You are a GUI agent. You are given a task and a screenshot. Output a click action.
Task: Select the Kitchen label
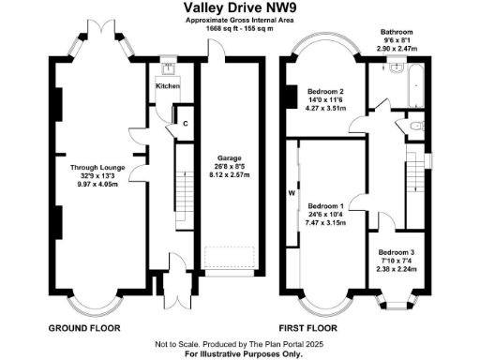click(167, 86)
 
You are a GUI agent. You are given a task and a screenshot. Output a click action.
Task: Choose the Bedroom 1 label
click(327, 204)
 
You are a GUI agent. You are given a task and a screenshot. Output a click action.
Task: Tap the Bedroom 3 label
click(397, 252)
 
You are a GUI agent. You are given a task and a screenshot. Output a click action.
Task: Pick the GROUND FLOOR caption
click(82, 328)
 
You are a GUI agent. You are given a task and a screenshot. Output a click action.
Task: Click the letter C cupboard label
click(186, 123)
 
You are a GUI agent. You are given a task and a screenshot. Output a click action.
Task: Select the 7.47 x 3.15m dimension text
click(327, 220)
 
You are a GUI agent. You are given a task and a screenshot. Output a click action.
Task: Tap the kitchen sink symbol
click(167, 68)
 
